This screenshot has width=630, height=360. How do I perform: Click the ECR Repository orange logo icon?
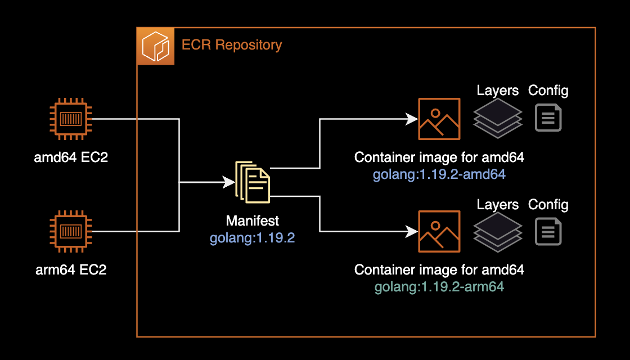[x=155, y=46]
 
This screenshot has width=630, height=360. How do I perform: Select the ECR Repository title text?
[x=231, y=44]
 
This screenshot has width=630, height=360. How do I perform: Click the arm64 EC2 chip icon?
[x=70, y=231]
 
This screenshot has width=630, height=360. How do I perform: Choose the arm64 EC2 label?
[x=71, y=269]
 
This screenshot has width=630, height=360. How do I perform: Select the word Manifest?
[x=253, y=220]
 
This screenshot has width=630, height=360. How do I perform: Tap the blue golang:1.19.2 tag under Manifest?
[x=253, y=237]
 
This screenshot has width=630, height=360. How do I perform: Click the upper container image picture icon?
[x=439, y=119]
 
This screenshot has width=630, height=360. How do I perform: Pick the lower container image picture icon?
[x=439, y=231]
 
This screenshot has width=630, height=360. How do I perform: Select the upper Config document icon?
[x=548, y=118]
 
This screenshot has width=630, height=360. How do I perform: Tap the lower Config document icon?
[x=548, y=231]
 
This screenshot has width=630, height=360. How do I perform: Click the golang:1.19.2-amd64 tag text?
[x=439, y=174]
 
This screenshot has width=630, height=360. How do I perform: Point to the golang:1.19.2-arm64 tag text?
[x=439, y=287]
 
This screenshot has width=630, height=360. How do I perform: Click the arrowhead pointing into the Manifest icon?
[x=229, y=182]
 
